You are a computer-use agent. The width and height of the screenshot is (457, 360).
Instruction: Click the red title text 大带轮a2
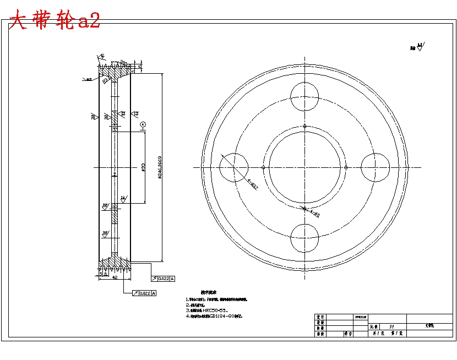(x=55, y=21)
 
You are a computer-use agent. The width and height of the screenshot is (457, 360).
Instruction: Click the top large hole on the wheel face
(x=304, y=96)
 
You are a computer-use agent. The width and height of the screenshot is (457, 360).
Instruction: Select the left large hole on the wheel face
(x=234, y=167)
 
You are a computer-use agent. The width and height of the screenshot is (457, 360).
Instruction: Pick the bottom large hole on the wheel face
(x=304, y=238)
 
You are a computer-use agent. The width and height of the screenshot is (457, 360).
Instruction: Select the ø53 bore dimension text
(x=143, y=167)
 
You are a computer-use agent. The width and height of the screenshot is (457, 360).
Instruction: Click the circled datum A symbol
(x=143, y=125)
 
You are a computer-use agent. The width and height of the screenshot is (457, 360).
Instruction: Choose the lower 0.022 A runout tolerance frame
(x=144, y=293)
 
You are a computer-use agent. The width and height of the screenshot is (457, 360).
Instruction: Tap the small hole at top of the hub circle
(x=304, y=126)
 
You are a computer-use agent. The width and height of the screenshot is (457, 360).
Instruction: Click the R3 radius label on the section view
(x=105, y=81)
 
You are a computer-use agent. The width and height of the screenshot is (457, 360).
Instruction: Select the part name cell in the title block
(x=429, y=326)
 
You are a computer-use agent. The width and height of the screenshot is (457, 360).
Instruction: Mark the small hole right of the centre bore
(x=345, y=167)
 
